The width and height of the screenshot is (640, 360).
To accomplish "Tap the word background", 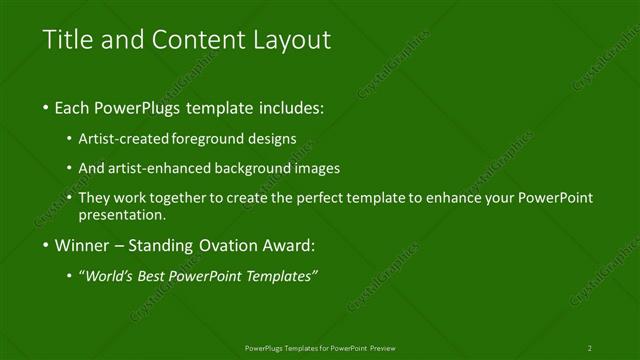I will click(x=261, y=168).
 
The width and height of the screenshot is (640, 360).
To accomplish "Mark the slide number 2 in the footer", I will click(x=590, y=348).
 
